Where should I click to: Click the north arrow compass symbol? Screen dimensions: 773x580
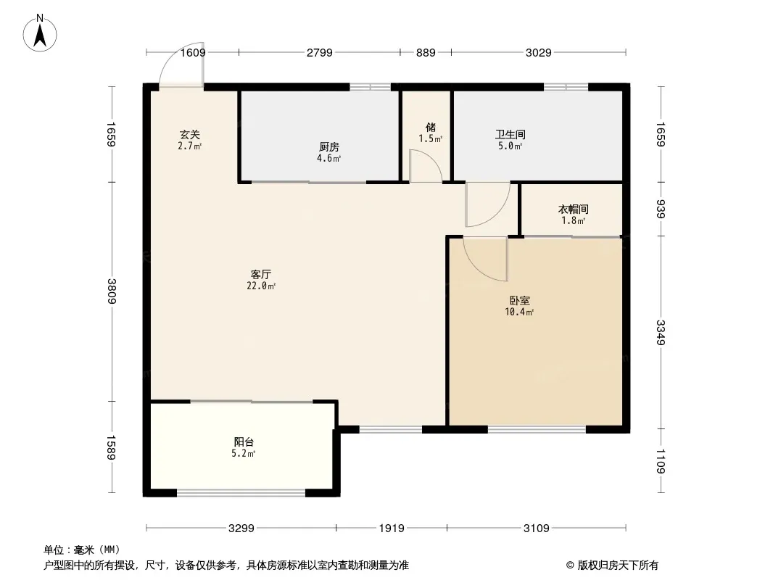click(x=40, y=33)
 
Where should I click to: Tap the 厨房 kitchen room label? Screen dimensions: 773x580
click(x=328, y=147)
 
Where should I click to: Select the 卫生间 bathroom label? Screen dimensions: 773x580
click(x=510, y=135)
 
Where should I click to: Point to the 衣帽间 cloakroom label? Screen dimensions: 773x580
click(x=574, y=210)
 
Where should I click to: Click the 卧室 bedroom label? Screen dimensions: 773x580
click(x=520, y=301)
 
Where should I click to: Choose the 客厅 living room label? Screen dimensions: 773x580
click(x=261, y=275)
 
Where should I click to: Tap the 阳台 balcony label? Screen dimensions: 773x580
click(x=244, y=442)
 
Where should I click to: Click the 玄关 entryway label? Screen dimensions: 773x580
click(x=190, y=135)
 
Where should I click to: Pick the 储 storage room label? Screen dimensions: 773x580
click(x=431, y=127)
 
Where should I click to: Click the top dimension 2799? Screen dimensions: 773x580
click(x=320, y=52)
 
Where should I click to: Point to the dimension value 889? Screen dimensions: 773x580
click(x=426, y=52)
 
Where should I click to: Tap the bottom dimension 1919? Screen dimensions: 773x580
click(x=392, y=529)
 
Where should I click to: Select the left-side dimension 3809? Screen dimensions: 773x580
click(x=112, y=291)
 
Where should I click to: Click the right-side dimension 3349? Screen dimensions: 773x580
click(x=661, y=333)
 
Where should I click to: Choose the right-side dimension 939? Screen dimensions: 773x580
click(x=661, y=209)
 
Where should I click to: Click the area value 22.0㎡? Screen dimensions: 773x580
click(x=261, y=286)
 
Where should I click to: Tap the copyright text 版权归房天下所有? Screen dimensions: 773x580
click(x=618, y=565)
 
